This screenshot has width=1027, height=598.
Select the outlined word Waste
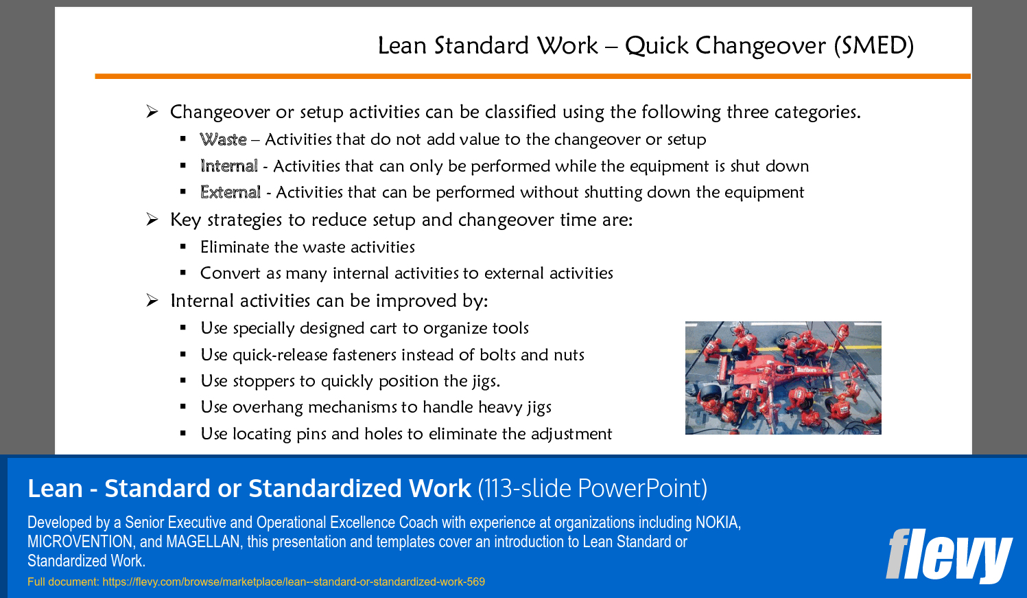(x=223, y=139)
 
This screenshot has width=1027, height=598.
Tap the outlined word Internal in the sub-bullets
(x=229, y=165)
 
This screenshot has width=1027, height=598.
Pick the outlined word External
(x=230, y=192)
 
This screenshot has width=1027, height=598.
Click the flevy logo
(x=949, y=555)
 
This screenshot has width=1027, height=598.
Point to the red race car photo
(x=783, y=378)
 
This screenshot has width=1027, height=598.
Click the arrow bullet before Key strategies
(x=152, y=220)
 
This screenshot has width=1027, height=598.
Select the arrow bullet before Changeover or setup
(x=152, y=111)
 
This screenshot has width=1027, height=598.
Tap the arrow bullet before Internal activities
(x=152, y=301)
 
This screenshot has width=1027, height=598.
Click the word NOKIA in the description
(x=717, y=522)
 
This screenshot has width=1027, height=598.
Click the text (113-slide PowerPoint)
(x=592, y=488)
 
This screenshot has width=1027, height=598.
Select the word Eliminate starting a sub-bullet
(x=235, y=247)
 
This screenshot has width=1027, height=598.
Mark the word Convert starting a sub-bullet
(x=230, y=273)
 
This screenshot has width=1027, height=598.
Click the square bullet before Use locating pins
(x=183, y=433)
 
